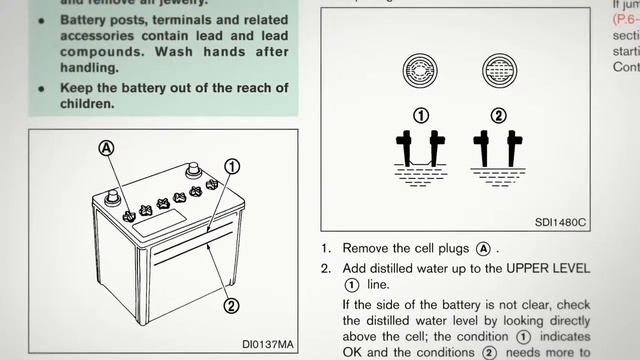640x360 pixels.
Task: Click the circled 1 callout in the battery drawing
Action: coord(231,165)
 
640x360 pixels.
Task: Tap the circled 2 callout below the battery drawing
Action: coord(230,306)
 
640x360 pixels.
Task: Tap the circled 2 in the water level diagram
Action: coord(498,115)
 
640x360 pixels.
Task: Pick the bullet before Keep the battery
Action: coord(42,87)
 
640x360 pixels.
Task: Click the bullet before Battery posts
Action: coord(42,19)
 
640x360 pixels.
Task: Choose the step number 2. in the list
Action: coord(326,269)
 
